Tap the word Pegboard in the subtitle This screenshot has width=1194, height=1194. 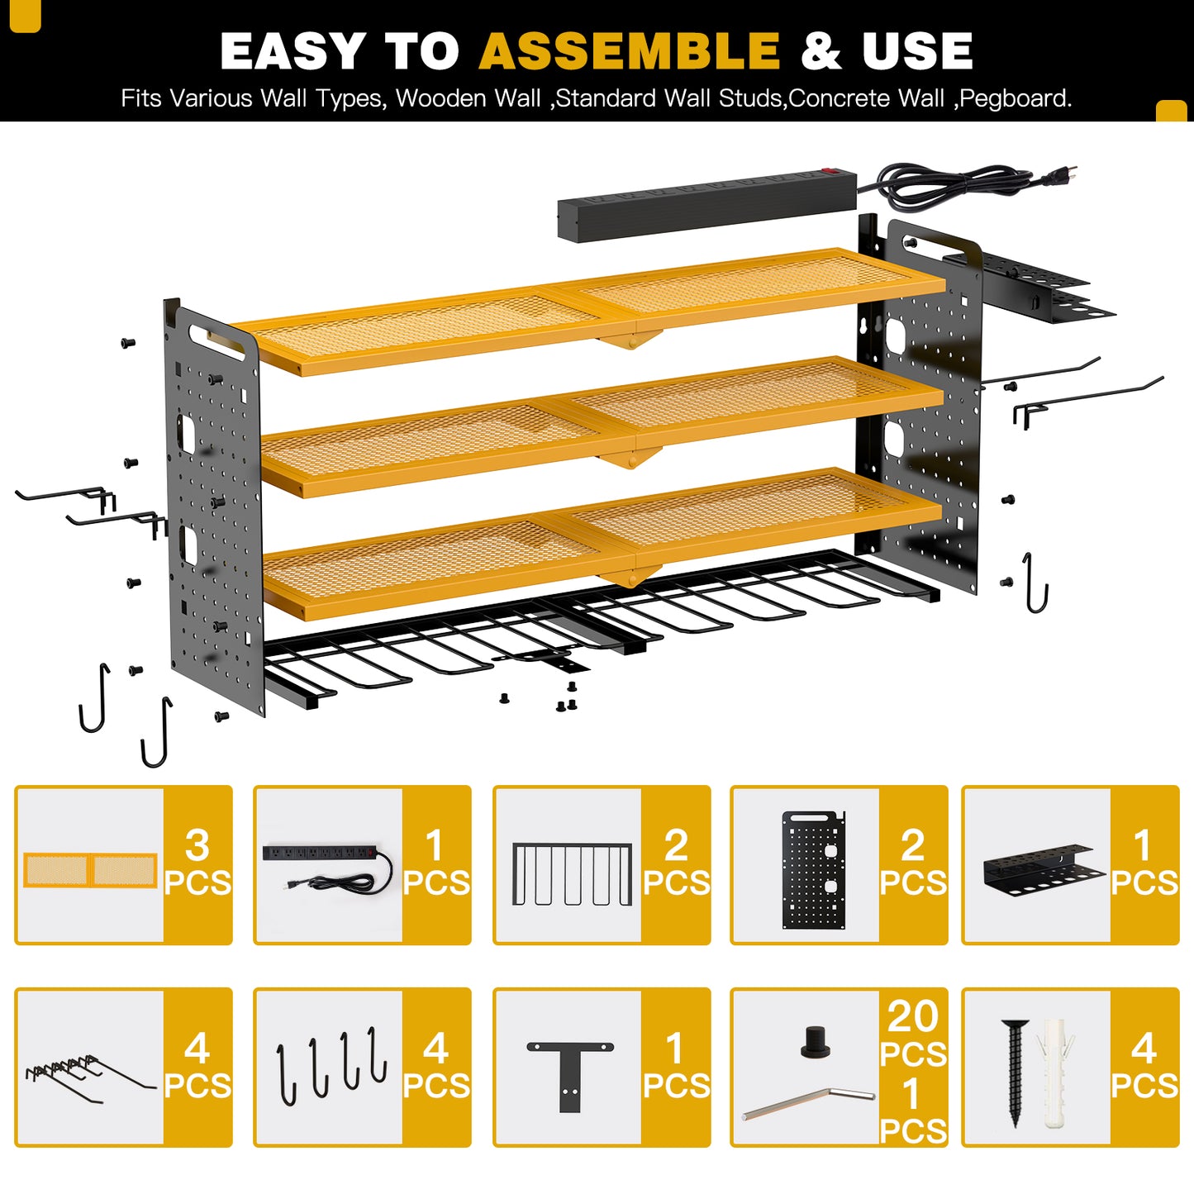click(1015, 98)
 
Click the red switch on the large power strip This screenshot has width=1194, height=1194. click(829, 169)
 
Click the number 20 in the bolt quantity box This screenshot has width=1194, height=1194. click(913, 1017)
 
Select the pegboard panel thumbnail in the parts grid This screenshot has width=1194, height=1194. click(814, 869)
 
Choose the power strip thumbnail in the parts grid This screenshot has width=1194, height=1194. click(328, 868)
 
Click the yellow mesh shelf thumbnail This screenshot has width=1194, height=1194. click(90, 870)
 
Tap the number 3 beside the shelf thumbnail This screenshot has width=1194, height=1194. click(197, 845)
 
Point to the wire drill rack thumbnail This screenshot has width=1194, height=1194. click(572, 873)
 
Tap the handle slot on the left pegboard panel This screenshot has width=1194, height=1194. click(216, 341)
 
